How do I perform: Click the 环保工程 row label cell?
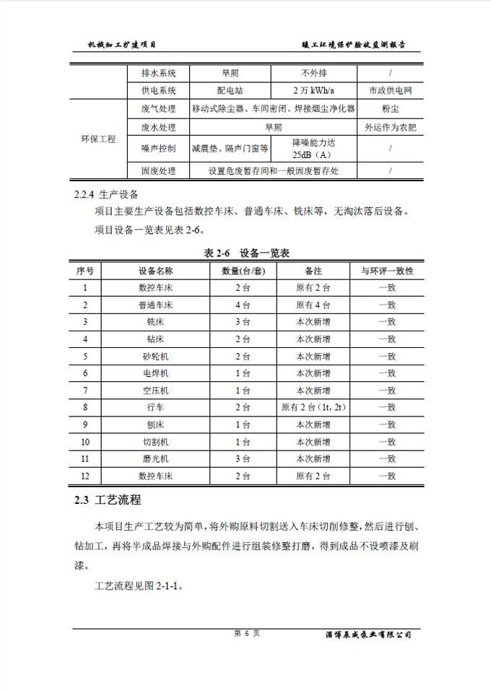pos(97,139)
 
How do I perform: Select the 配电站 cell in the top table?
pos(230,91)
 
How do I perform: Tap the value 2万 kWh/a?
pos(313,91)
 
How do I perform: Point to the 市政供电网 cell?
pos(390,91)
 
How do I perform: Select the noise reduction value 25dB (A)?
pos(313,149)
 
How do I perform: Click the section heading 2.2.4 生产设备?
pos(108,196)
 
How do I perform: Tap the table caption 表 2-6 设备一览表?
pos(245,253)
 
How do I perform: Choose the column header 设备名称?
pos(155,271)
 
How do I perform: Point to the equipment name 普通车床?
pos(155,305)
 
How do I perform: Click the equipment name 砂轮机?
pos(155,356)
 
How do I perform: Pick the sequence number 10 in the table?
pos(85,442)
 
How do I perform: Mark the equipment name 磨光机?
pos(155,458)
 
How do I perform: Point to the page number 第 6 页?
pos(245,633)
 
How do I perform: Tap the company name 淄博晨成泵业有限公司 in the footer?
pos(368,635)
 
